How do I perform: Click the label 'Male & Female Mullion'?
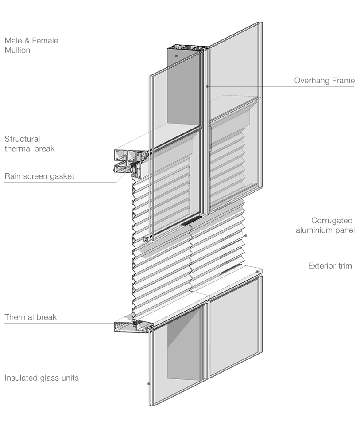point(31,46)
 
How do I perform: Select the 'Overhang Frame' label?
point(324,81)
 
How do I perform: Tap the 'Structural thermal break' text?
point(30,144)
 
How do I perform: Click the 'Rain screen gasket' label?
point(39,176)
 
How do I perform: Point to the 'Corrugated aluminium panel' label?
point(325,225)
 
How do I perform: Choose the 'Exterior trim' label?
point(330,266)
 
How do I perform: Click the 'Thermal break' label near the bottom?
point(31,317)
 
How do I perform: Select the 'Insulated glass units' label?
point(42,378)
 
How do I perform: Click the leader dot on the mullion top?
point(176,56)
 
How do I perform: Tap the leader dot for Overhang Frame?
point(207,86)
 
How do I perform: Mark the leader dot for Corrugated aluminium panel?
point(246,236)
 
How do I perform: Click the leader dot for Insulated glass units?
point(148,384)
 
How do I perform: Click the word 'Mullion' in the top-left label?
point(17,51)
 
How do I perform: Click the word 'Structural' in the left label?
point(22,139)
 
